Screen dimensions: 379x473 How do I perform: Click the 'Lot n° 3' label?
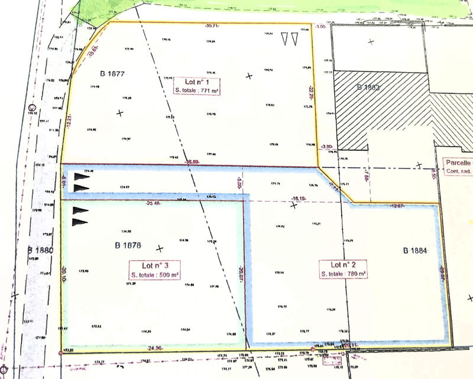click(x=155, y=265)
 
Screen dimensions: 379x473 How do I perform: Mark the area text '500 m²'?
click(x=168, y=274)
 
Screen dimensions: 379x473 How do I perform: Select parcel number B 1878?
click(x=127, y=245)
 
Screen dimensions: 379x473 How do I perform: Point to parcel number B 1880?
click(x=40, y=250)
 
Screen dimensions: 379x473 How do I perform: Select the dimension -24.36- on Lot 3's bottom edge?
click(x=155, y=348)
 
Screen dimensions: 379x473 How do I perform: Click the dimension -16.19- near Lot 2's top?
click(x=297, y=199)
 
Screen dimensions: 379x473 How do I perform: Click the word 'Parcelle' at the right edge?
click(x=459, y=163)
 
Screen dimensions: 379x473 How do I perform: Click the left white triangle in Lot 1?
click(x=284, y=38)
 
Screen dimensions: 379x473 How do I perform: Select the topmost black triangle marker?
click(x=82, y=176)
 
